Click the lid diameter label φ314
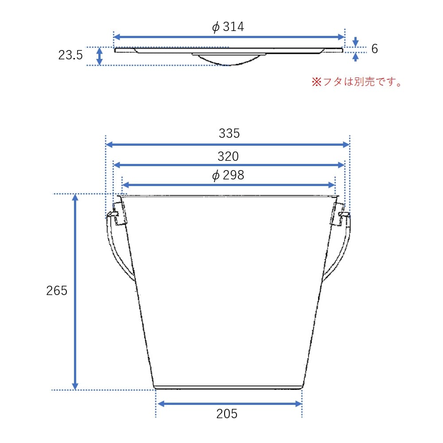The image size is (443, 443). (228, 27)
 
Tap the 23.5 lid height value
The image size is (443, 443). (70, 55)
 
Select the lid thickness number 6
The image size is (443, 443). (374, 49)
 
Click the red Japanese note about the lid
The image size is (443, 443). (357, 82)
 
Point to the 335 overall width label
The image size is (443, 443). (229, 133)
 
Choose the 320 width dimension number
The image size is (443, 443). (228, 156)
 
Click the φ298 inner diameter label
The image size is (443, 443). (228, 175)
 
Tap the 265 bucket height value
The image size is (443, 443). (57, 291)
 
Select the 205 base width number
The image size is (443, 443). (227, 414)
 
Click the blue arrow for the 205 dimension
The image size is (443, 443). (229, 404)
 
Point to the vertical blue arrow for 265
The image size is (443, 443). (75, 291)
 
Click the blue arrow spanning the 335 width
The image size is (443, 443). (228, 144)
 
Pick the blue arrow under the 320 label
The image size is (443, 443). (229, 165)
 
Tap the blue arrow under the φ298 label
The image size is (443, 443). (229, 185)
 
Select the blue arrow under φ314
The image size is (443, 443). (229, 37)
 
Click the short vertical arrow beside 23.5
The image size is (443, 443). (100, 56)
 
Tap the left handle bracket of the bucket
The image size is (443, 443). (117, 214)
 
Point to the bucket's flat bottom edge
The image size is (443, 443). (229, 388)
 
